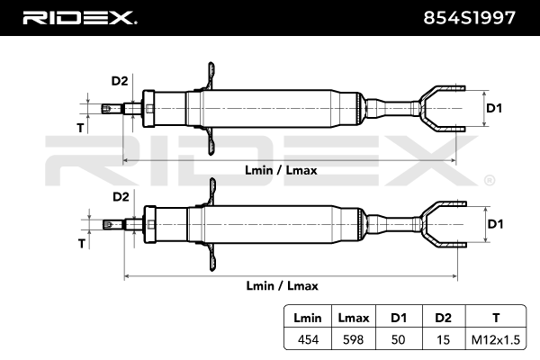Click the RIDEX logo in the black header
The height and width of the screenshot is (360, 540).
[x=80, y=18]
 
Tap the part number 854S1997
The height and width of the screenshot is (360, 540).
[x=469, y=18]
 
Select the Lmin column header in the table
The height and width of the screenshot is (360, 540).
[x=308, y=318]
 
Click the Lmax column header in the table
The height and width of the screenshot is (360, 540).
[x=354, y=318]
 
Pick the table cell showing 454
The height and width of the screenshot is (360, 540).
[x=308, y=339]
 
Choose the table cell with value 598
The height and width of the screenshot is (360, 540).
[x=354, y=339]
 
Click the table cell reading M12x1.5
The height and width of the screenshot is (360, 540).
[x=496, y=339]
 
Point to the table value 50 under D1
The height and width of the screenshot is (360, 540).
[x=398, y=339]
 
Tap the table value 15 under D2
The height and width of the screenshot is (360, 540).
[x=443, y=339]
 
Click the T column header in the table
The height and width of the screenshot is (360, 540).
[x=496, y=318]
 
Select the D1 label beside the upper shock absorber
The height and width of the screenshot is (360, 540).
[x=494, y=108]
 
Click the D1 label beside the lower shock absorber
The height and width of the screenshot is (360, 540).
[x=495, y=224]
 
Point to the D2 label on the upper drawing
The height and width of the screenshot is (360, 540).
[x=120, y=81]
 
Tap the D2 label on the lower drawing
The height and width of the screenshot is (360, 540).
[x=121, y=197]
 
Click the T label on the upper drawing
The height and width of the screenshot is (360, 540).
[x=80, y=128]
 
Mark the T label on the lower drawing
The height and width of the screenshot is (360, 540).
[x=82, y=244]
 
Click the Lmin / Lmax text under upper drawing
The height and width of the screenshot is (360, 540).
[x=281, y=170]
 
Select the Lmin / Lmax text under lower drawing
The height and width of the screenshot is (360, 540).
[x=282, y=286]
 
